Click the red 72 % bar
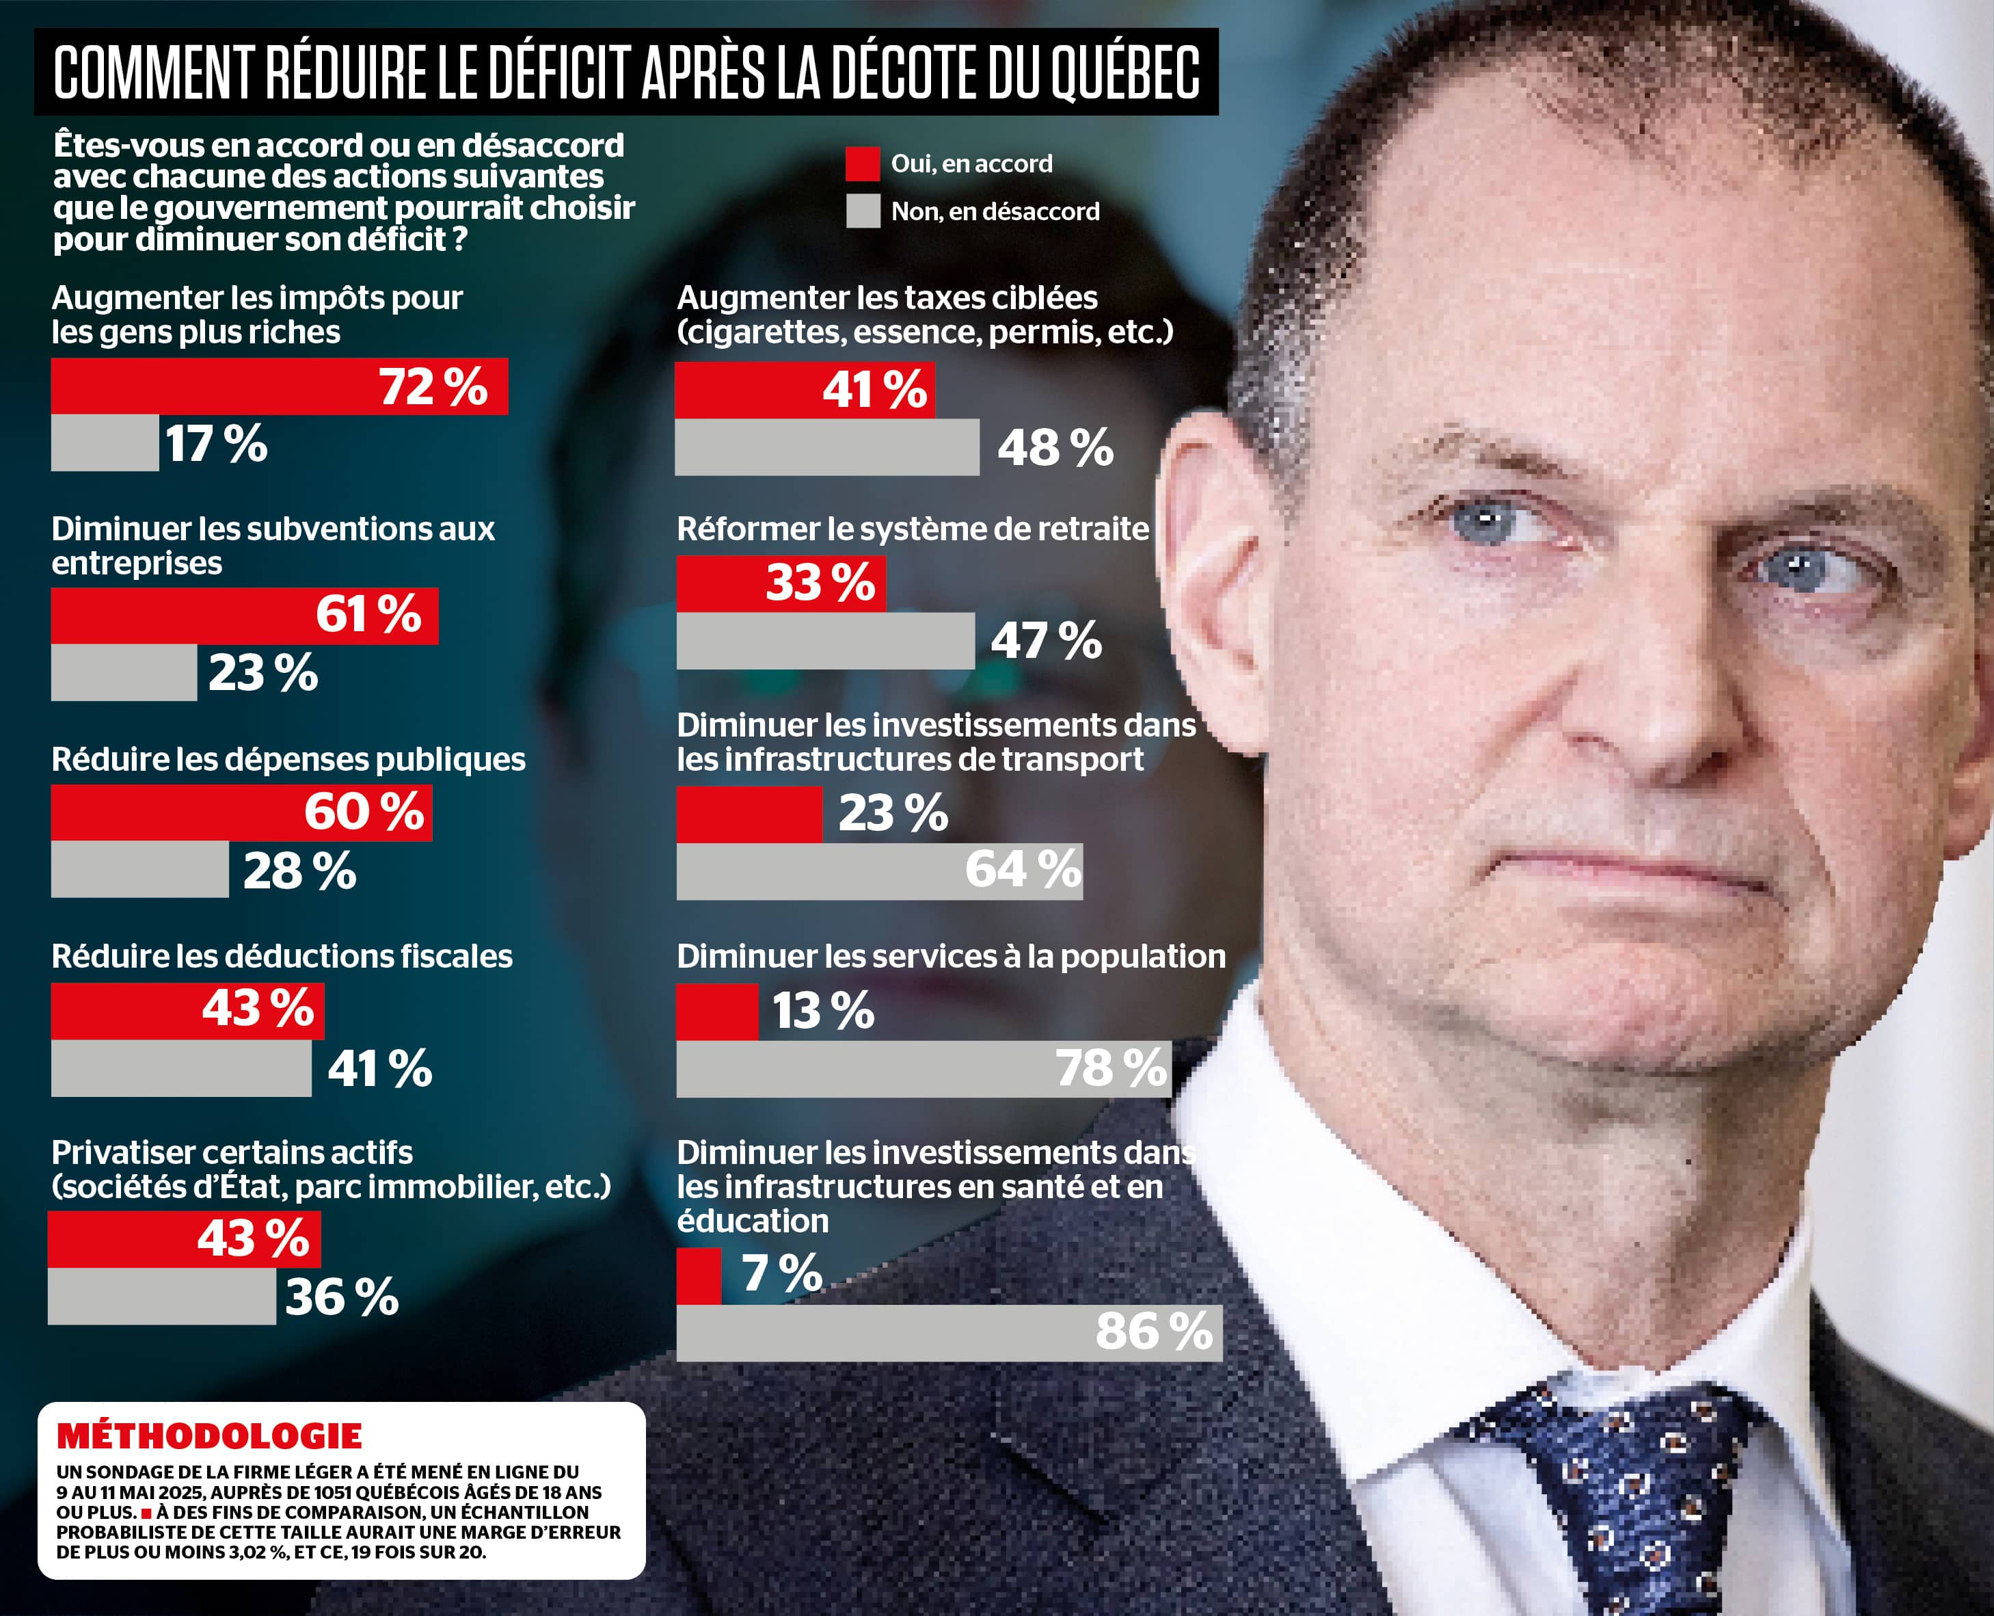pyautogui.click(x=279, y=386)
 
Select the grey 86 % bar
pyautogui.click(x=949, y=1332)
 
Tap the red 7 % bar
pyautogui.click(x=699, y=1276)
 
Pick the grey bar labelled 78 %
pyautogui.click(x=923, y=1069)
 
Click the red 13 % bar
pyautogui.click(x=716, y=1012)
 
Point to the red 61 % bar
pyautogui.click(x=244, y=615)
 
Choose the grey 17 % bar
pyautogui.click(x=104, y=443)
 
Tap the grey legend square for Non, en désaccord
pyautogui.click(x=863, y=211)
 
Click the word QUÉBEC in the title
pyautogui.click(x=1126, y=72)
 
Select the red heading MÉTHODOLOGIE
pyautogui.click(x=209, y=1436)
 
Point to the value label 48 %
pyautogui.click(x=1055, y=449)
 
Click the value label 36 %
pyautogui.click(x=342, y=1297)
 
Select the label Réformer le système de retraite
pyautogui.click(x=913, y=529)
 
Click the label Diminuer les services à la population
pyautogui.click(x=951, y=956)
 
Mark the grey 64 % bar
pyautogui.click(x=879, y=871)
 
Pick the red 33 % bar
pyautogui.click(x=781, y=583)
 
